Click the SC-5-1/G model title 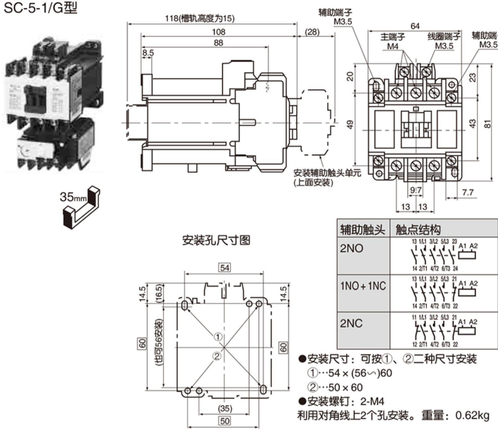pos(40,8)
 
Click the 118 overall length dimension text pos(200,18)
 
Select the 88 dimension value pos(218,43)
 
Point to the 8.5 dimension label pos(148,53)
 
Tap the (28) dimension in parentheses pos(312,32)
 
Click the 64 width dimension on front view pos(415,26)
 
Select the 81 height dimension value pos(487,123)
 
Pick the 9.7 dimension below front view pos(416,190)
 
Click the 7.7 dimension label pos(467,192)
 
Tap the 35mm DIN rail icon pos(80,207)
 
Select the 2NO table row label pos(351,248)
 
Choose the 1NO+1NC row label pos(363,286)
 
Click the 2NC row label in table pos(351,323)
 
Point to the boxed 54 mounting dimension pos(224,268)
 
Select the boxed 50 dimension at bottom pos(225,421)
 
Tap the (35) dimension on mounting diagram pos(225,409)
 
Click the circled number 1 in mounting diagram pos(218,337)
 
